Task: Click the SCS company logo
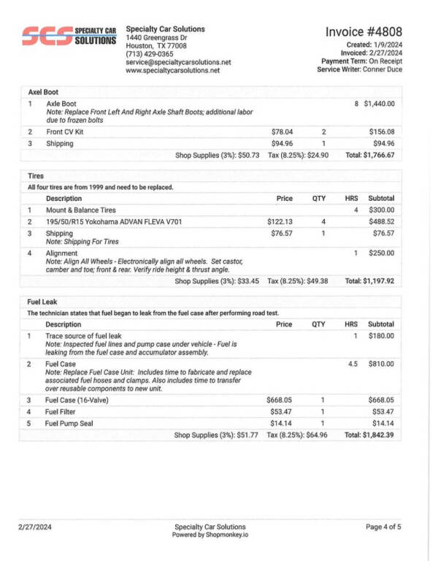pos(69,36)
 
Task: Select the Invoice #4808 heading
pos(364,32)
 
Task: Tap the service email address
pos(178,63)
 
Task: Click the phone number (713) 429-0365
pos(150,54)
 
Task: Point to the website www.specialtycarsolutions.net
pos(173,71)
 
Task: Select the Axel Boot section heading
pos(43,92)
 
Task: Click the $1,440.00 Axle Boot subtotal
pos(379,104)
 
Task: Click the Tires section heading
pos(36,176)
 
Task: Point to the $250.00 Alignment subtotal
pos(381,253)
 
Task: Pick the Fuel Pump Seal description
pos(74,423)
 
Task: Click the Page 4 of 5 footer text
pos(383,527)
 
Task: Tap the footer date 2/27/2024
pos(35,527)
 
